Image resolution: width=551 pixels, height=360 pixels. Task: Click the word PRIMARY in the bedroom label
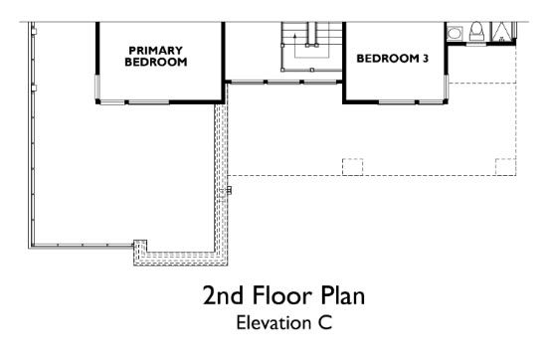[x=156, y=51]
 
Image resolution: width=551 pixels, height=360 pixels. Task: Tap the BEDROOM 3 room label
[x=393, y=59]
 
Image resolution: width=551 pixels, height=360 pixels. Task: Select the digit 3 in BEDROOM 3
[x=426, y=59]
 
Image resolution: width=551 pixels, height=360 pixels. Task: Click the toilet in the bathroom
[x=476, y=31]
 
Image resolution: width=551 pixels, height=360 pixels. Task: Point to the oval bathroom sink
[x=454, y=34]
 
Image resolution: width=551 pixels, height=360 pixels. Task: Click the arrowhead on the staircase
[x=294, y=36]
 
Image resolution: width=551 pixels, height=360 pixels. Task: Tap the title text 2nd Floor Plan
[x=283, y=295]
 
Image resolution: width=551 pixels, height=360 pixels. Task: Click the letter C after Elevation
[x=326, y=323]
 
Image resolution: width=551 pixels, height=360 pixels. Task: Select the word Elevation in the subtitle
[x=274, y=323]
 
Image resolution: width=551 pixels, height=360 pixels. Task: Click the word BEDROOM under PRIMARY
[x=156, y=63]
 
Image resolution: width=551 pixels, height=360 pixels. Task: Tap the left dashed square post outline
[x=353, y=167]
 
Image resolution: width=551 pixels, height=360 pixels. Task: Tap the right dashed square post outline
[x=505, y=167]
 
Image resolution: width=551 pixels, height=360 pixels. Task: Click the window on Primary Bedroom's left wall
[x=97, y=87]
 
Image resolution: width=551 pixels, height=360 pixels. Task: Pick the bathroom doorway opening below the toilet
[x=476, y=44]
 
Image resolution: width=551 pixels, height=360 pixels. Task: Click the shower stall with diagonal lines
[x=502, y=32]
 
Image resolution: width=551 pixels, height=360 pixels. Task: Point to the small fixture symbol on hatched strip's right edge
[x=229, y=190]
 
